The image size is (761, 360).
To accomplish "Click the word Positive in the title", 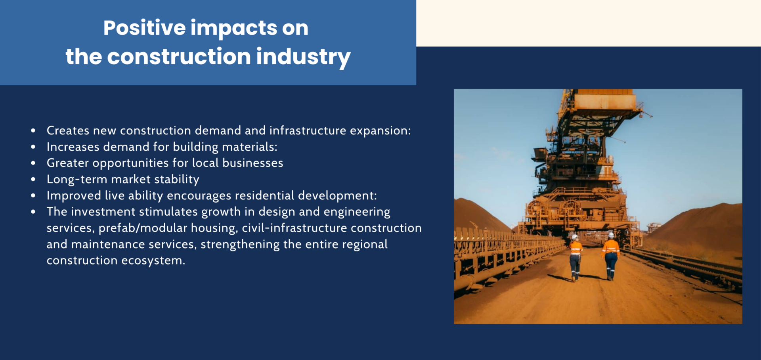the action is point(144,28).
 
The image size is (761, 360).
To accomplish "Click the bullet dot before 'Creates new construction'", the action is point(33,130).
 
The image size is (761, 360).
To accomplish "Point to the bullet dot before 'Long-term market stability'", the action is point(33,179).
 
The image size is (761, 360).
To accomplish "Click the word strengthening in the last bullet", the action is point(240,244).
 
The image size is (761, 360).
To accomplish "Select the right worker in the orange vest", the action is point(611,256).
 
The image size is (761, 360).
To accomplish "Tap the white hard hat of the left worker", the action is point(575,237).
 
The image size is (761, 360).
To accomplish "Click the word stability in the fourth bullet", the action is point(177,179).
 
